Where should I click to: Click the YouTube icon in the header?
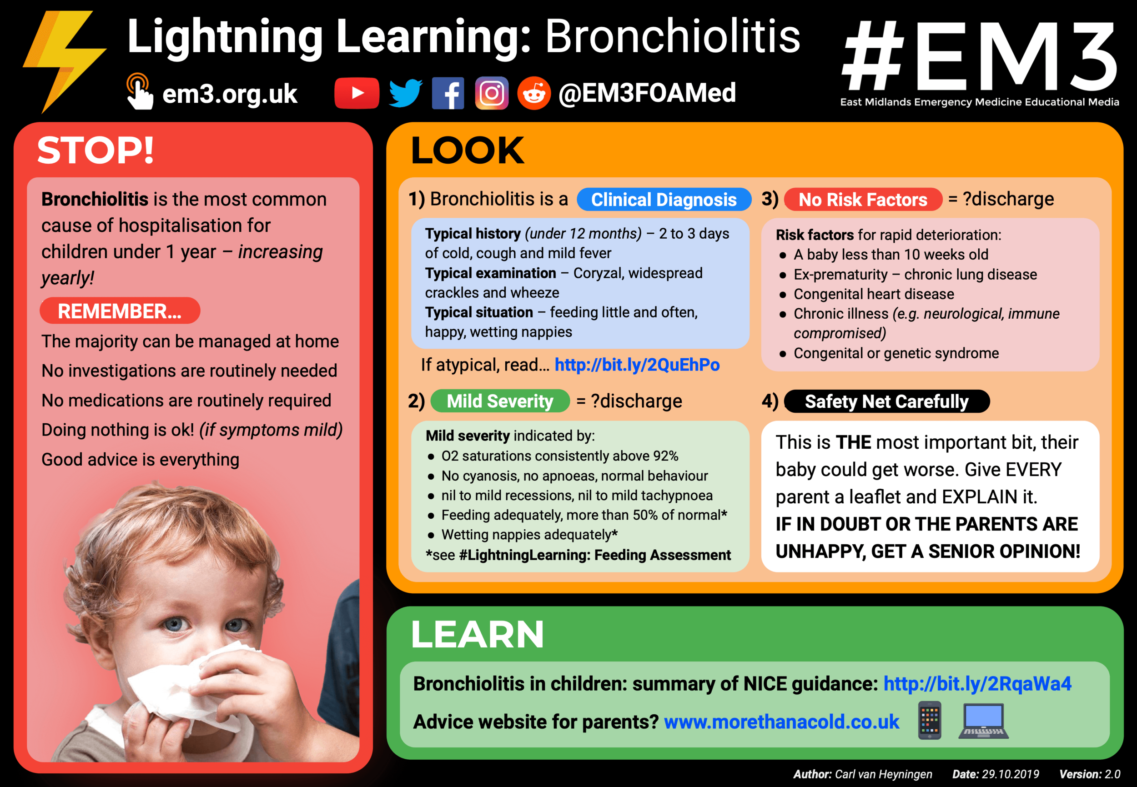[357, 93]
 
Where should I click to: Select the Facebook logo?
[448, 93]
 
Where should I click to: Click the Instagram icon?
[491, 93]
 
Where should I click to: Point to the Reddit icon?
[534, 93]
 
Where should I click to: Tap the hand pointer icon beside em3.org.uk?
[139, 91]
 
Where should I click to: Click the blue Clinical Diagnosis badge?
[664, 199]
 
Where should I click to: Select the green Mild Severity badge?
[500, 401]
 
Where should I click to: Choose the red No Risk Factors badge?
[863, 199]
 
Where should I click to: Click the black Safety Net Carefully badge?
[886, 401]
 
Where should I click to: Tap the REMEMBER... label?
[120, 311]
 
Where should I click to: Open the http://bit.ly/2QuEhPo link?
[637, 365]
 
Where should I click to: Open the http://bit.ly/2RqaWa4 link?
[977, 683]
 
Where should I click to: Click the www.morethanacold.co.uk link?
[781, 722]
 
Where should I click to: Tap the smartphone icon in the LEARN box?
[929, 721]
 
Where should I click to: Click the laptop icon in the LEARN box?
[983, 721]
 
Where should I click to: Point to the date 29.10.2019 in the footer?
[1010, 774]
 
